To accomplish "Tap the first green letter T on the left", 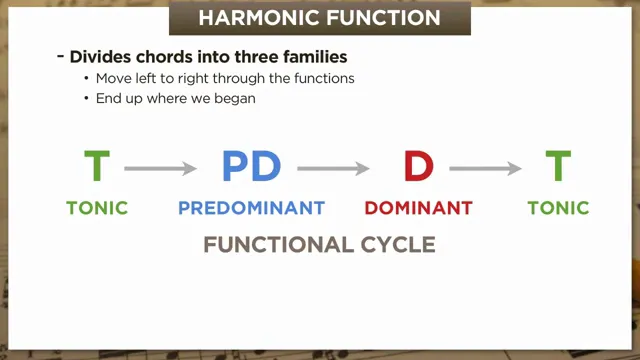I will click(x=97, y=167).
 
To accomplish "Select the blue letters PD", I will click(x=251, y=167).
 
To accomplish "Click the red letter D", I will click(x=418, y=167).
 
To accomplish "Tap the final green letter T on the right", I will click(x=558, y=167).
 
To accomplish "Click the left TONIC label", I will click(x=97, y=209).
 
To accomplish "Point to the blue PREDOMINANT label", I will click(x=251, y=209).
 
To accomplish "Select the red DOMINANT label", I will click(x=418, y=209).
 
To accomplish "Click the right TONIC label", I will click(x=558, y=209).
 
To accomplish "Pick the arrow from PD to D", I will click(x=335, y=169).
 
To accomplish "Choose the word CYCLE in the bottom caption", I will click(x=394, y=245).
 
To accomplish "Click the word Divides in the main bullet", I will click(x=98, y=57).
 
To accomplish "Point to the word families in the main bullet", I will click(x=312, y=57).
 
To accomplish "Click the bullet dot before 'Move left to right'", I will click(x=87, y=79).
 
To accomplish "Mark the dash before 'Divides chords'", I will click(x=61, y=57).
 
